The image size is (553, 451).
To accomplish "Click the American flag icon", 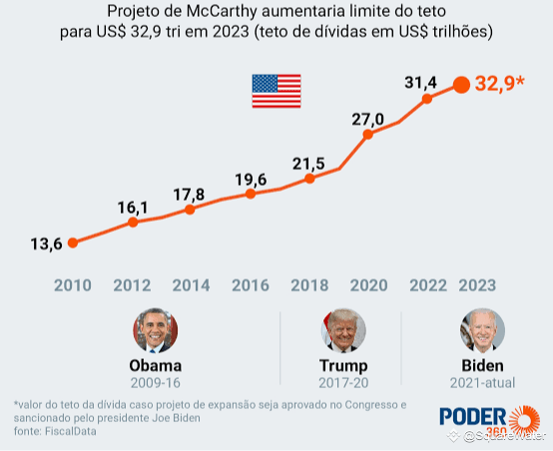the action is (x=276, y=91).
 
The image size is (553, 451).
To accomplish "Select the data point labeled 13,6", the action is (x=73, y=242).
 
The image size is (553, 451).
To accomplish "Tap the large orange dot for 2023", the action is (x=461, y=85).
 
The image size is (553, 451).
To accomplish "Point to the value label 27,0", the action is (x=368, y=120).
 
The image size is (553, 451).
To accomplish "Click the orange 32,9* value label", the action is (x=500, y=84).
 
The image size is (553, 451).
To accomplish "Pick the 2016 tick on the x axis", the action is (x=251, y=285).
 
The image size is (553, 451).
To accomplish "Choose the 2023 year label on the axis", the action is (x=477, y=285).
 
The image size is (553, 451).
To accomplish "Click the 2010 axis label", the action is (x=73, y=285).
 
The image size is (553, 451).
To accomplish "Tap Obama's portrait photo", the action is (x=156, y=330).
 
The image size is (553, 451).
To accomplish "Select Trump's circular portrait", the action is (x=343, y=330).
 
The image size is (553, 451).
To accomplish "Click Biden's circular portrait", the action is (x=482, y=330).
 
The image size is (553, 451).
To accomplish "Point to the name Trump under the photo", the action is (x=343, y=365).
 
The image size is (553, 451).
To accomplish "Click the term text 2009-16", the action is (x=156, y=383).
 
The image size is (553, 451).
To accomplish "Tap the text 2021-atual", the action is (x=482, y=383).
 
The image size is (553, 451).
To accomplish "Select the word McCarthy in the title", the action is (x=223, y=12).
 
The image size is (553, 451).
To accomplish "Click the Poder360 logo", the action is (x=490, y=421).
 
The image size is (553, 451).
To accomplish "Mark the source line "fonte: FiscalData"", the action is (x=55, y=431).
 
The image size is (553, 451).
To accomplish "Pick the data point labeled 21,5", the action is (x=309, y=179).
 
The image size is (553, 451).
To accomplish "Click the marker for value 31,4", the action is (x=427, y=99).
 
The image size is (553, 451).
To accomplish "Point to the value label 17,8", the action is (x=189, y=195).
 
